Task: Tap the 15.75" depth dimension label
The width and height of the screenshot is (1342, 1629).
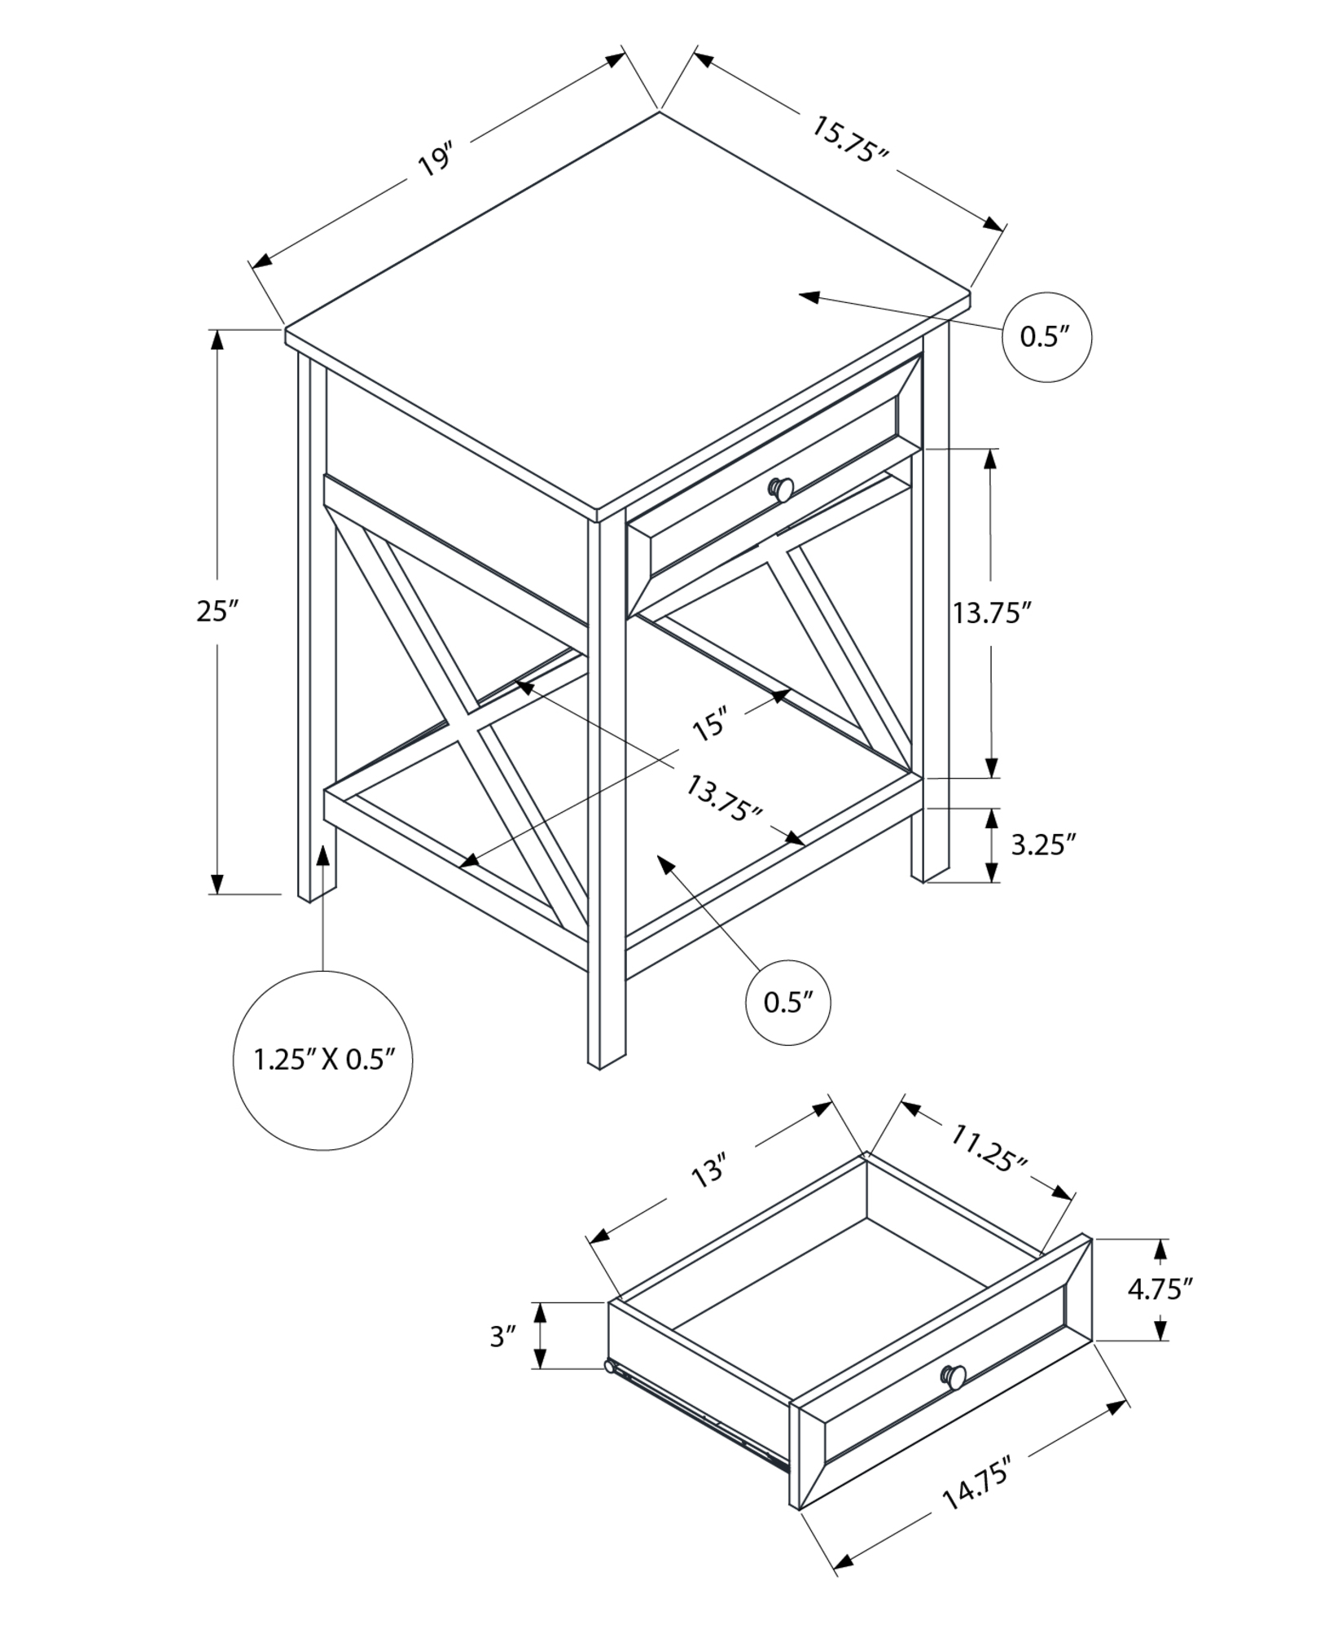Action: (850, 140)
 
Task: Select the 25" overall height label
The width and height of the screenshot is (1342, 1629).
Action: (217, 610)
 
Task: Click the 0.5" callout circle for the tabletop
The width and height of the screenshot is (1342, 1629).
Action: (1045, 336)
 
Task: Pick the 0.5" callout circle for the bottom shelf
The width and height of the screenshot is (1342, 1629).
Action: (788, 1002)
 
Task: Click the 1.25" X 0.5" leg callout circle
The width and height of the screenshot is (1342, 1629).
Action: (323, 1060)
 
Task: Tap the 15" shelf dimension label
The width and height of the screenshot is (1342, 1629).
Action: (709, 725)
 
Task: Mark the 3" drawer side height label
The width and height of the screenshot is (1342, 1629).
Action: (503, 1336)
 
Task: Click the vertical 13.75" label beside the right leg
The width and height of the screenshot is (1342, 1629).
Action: (993, 613)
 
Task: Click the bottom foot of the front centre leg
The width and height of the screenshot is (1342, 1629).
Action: (601, 1064)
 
